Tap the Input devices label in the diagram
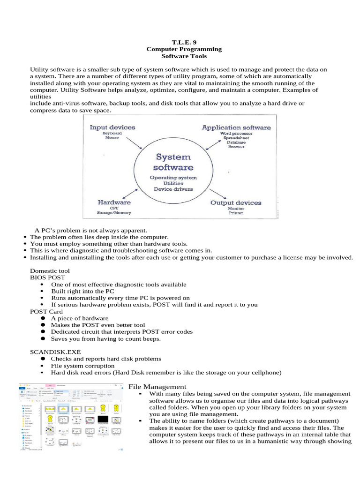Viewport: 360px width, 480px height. tap(112, 127)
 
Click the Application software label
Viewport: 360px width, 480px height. tap(236, 127)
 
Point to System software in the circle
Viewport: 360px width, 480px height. tap(173, 162)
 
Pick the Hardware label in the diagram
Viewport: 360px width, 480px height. tap(114, 202)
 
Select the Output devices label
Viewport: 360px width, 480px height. tap(236, 202)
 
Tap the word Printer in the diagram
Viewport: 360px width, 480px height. tap(236, 213)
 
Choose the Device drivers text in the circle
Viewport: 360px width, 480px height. tap(173, 189)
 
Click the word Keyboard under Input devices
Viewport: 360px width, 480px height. tap(112, 134)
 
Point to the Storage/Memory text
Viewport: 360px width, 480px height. tap(114, 213)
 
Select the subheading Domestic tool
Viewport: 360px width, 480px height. tap(50, 270)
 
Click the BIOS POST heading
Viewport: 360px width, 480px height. tap(48, 277)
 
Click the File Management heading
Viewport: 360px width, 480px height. tap(157, 386)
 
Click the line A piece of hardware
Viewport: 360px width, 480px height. tap(80, 318)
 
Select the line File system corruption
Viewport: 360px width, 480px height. tap(82, 365)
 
